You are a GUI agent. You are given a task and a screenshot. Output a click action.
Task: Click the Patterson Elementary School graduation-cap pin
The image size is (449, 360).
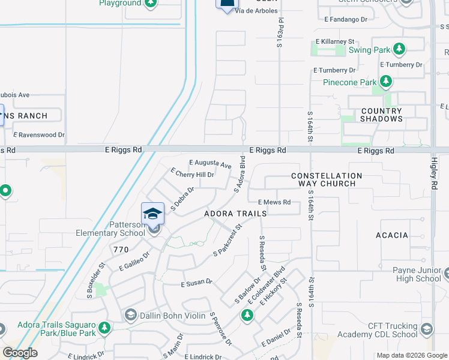(153, 214)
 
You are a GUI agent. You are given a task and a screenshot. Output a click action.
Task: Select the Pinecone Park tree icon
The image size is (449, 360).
(385, 82)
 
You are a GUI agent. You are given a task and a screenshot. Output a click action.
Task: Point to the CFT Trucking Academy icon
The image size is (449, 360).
(426, 329)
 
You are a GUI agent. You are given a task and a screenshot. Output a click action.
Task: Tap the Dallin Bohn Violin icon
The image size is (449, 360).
(130, 315)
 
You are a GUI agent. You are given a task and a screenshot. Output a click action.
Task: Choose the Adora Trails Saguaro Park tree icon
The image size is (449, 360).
(104, 328)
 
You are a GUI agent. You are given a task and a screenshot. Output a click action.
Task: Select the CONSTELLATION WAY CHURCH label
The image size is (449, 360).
(327, 179)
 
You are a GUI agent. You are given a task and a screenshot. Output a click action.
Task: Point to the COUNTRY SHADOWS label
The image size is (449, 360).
(381, 115)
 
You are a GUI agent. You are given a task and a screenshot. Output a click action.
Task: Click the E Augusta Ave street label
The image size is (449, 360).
(210, 163)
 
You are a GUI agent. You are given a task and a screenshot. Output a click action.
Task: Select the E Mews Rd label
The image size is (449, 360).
(274, 203)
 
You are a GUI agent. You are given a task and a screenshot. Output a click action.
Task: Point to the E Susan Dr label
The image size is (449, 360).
(197, 282)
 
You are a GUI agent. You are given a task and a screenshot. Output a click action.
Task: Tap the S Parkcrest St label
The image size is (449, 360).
(227, 240)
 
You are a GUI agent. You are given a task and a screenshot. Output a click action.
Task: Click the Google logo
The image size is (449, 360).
(20, 353)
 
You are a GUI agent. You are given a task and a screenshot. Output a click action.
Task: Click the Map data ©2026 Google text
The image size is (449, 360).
(411, 355)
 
